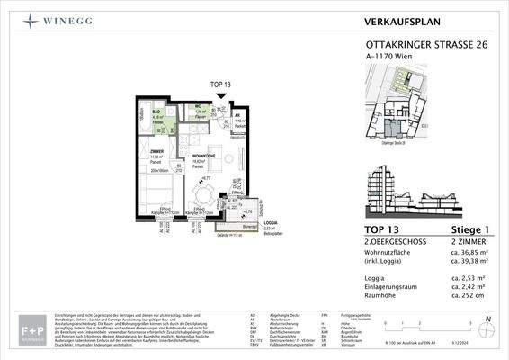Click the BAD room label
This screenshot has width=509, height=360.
156,112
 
